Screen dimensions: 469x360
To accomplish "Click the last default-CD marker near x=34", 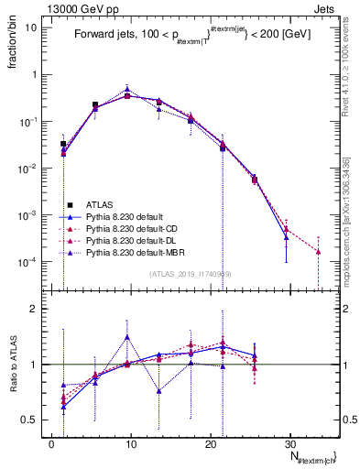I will [318, 251].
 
